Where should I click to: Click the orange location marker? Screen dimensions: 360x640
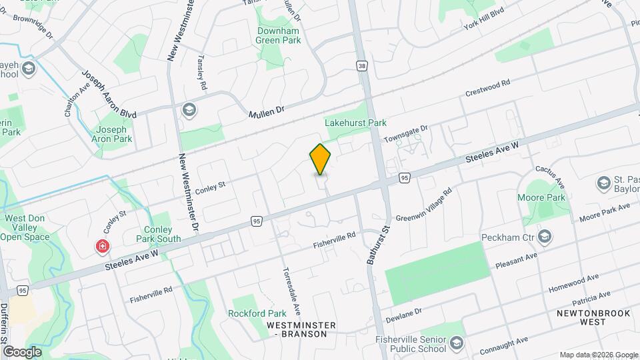point(320,159)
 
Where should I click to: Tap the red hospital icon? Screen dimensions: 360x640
point(103,247)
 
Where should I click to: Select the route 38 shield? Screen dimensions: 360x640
point(361,67)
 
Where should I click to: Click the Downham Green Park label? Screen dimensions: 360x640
point(279,35)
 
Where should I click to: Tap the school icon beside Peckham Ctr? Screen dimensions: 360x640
point(545,237)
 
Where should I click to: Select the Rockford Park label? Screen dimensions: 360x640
point(257,313)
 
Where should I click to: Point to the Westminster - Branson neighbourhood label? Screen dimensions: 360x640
point(301,329)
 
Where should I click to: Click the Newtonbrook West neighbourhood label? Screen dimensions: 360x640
point(583,317)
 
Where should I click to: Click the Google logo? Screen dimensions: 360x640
point(22,351)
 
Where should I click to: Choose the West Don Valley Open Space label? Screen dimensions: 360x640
point(28,227)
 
